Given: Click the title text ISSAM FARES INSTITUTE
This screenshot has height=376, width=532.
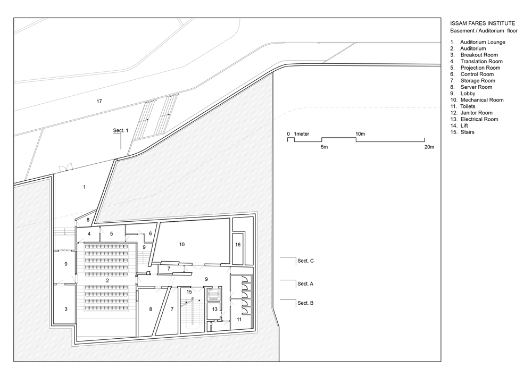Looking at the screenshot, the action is pos(483,23).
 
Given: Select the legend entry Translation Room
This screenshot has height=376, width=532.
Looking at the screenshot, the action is pos(481,61).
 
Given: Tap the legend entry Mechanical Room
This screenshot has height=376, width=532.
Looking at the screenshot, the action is pos(482,100).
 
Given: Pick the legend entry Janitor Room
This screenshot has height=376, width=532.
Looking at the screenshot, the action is pos(476,113).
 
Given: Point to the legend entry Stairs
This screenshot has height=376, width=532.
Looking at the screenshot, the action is pos(467,132).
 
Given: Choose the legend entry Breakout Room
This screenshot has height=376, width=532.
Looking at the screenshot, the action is pos(479,55).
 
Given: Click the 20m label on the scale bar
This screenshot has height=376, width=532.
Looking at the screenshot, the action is pos(429,147).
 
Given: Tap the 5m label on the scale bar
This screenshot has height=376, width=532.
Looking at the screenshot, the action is pos(325,147).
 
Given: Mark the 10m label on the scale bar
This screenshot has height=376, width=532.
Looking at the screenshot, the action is pos(360,134).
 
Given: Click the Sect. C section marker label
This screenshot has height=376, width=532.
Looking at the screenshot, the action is pos(305,261).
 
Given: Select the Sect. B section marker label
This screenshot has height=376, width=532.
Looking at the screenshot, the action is pos(305,303).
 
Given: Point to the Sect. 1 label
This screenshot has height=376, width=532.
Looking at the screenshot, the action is pos(121,130).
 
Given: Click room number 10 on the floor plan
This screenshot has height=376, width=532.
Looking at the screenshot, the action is pos(182,245).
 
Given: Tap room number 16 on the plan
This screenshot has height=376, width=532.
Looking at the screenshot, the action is pos(238,245).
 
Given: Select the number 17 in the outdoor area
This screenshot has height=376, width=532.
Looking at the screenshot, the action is pos(99,102).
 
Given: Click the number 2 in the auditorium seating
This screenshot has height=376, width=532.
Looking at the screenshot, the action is pos(107,281).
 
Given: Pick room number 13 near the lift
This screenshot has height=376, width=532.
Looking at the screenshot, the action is pos(215,309).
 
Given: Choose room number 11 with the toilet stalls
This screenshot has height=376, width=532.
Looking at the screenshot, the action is pos(239,320).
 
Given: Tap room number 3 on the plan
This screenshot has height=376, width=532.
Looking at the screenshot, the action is pos(66,309).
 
